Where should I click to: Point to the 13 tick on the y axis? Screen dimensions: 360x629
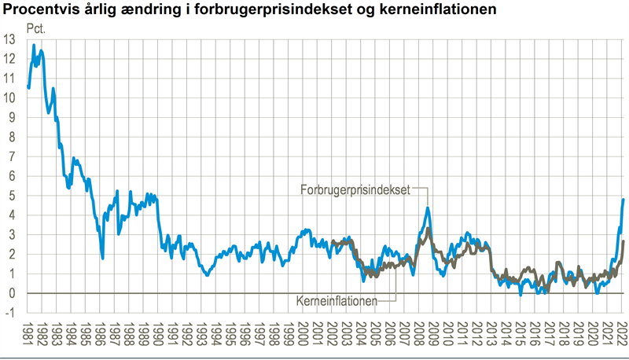[9, 39]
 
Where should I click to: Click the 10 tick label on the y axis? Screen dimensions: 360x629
[9, 98]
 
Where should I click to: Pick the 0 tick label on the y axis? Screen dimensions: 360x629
[12, 293]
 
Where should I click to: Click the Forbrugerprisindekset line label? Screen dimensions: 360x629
[355, 189]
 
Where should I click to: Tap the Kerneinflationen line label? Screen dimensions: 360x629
[337, 300]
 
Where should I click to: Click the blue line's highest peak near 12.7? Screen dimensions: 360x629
[34, 45]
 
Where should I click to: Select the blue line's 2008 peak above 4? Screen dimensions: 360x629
[427, 208]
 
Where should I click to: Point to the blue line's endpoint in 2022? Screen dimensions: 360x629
[623, 200]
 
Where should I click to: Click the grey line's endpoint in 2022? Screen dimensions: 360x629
[623, 241]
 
